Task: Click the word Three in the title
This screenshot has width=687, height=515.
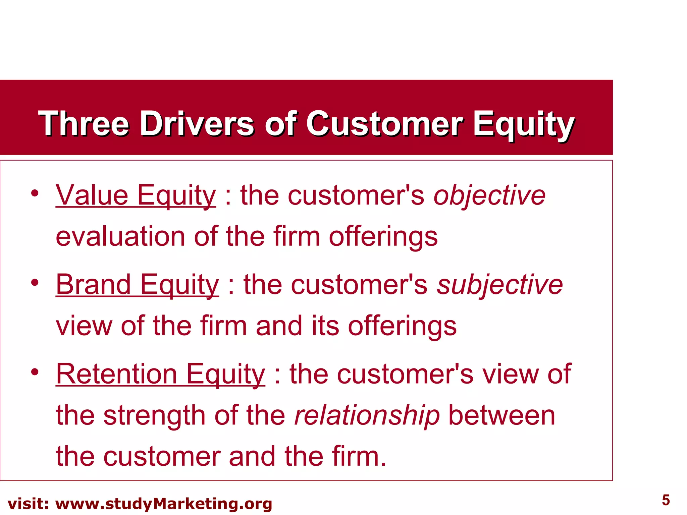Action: [x=84, y=124]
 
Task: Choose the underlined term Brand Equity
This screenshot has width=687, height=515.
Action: [x=138, y=285]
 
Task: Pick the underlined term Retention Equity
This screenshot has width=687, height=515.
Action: [x=160, y=375]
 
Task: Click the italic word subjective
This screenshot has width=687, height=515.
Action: [x=499, y=285]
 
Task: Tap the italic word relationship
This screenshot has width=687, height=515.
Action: [x=367, y=416]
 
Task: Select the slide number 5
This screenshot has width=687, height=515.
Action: [x=666, y=500]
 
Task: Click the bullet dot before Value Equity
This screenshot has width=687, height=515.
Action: [x=35, y=193]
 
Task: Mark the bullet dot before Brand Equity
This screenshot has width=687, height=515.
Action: [x=35, y=283]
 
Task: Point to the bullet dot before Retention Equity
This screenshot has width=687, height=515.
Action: [x=35, y=372]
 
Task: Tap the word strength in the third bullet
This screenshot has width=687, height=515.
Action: [x=154, y=416]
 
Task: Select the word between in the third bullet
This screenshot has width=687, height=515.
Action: [x=501, y=416]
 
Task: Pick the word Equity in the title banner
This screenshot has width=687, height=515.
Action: [x=524, y=124]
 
